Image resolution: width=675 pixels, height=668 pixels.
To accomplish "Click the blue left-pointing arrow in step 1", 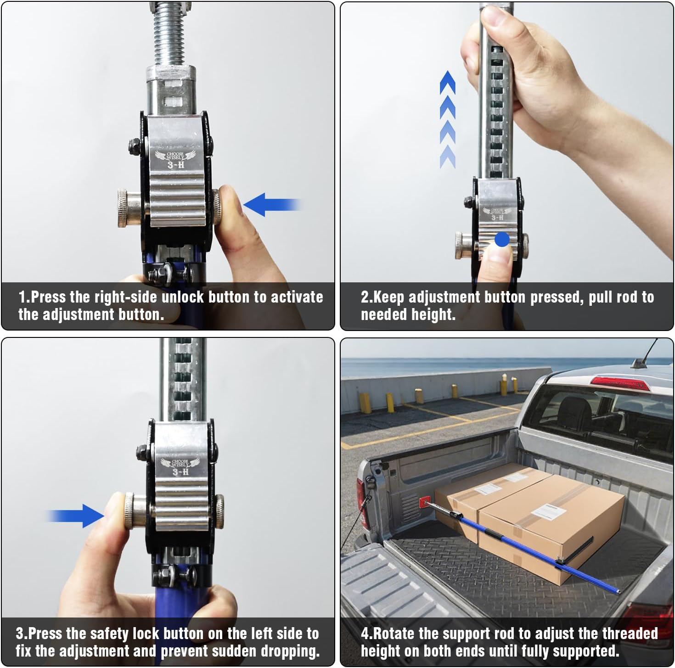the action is pos(271,205).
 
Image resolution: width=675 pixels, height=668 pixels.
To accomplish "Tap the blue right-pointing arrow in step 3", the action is pos(76,516).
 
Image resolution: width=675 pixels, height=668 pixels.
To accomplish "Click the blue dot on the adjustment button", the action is pos(502,239).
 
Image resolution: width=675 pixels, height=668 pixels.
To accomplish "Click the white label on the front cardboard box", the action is pos(549,511).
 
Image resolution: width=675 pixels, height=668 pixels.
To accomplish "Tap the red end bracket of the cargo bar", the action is pos(425,502).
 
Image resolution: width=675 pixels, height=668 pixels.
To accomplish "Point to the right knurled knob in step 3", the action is pos(219,512).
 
